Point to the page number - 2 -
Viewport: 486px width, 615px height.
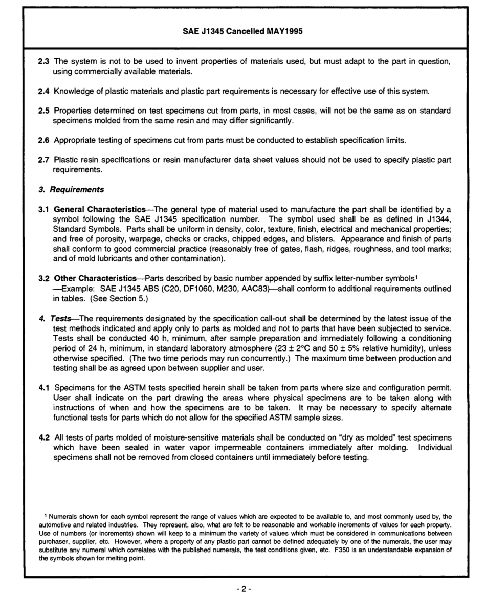pyautogui.click(x=242, y=589)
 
